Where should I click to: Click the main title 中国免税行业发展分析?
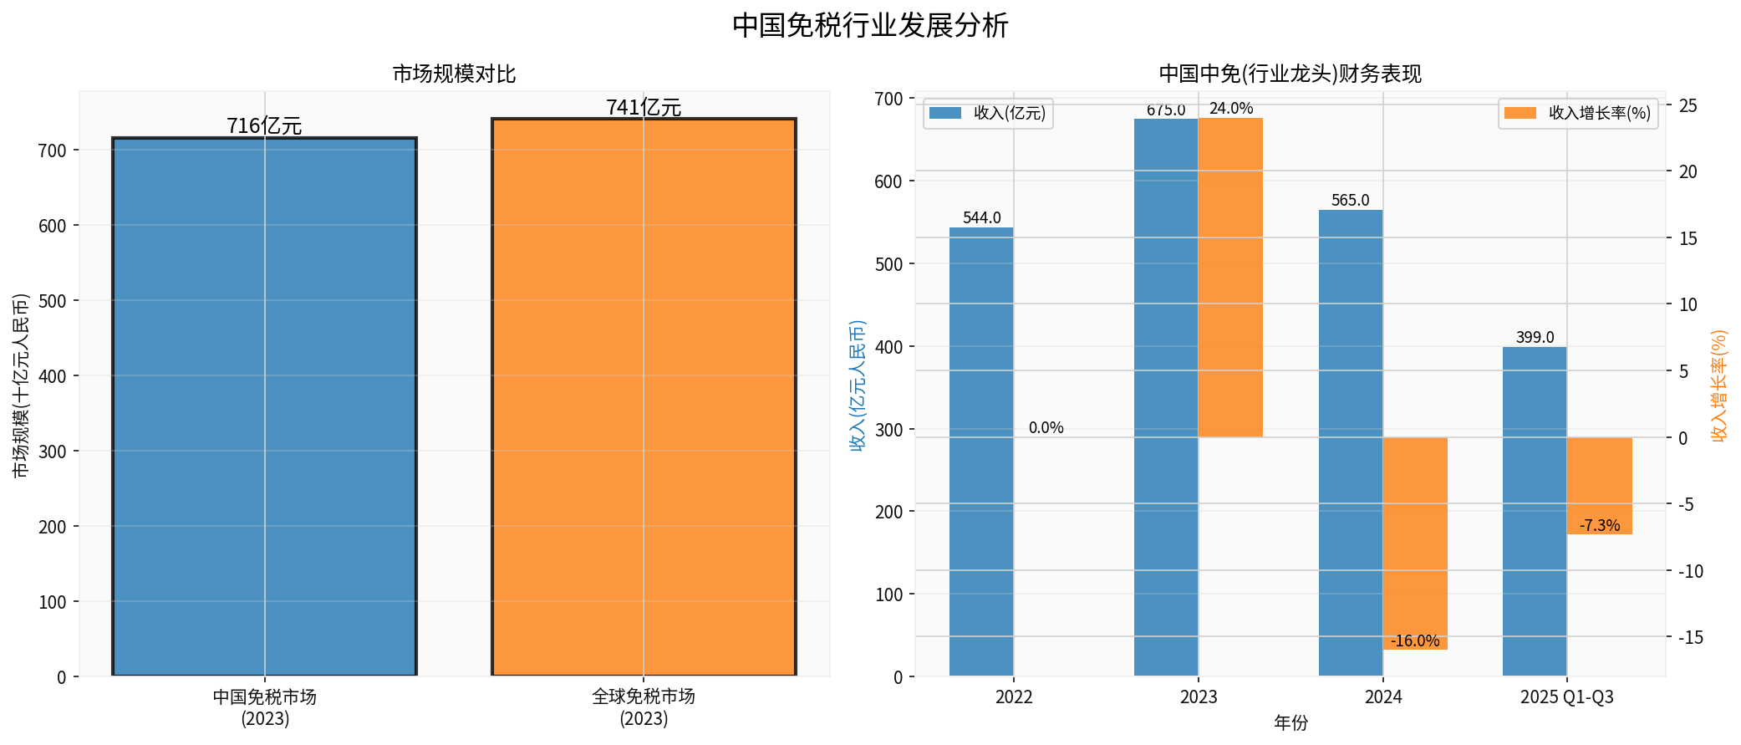[870, 25]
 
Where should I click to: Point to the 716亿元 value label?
[264, 125]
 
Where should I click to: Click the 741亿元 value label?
[644, 107]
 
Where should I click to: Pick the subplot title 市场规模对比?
[454, 74]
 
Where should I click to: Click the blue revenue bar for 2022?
[981, 452]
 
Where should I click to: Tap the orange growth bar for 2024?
[1415, 543]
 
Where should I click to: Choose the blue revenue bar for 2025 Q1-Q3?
[1535, 511]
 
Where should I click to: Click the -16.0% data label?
[1415, 640]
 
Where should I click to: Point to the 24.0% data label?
[1231, 108]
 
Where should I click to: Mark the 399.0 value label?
[1535, 337]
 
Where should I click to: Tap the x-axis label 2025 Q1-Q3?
[1567, 697]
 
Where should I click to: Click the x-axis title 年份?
[1290, 722]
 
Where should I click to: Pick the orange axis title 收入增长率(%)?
[1718, 385]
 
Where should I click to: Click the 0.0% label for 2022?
[1046, 427]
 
